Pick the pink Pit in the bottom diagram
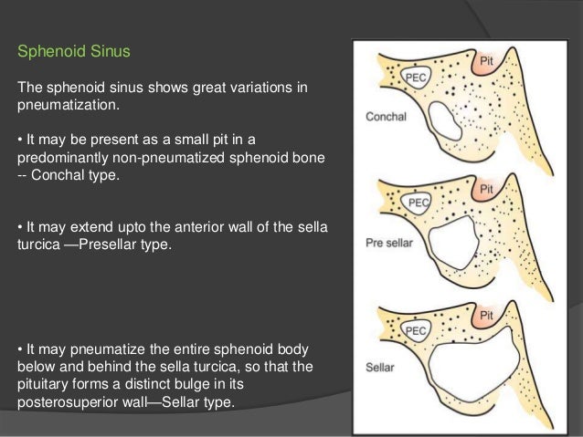[489, 315]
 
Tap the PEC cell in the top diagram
[419, 73]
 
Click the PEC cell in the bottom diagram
[418, 330]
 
